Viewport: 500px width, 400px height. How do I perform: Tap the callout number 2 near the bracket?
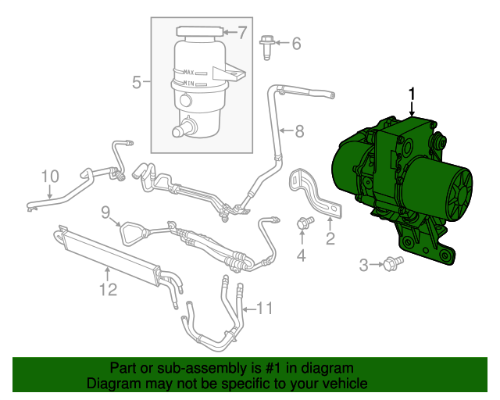330,239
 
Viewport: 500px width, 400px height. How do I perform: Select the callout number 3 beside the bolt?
363,266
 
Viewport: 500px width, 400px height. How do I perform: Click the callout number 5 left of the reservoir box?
136,82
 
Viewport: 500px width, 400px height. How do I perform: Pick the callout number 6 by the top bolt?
296,44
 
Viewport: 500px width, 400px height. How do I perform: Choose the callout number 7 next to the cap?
241,33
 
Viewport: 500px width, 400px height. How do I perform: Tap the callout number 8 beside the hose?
298,130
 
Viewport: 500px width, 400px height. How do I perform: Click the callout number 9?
105,211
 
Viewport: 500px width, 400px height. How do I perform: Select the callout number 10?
49,177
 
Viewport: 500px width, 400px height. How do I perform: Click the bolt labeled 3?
388,266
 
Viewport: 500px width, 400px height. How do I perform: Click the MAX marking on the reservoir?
188,72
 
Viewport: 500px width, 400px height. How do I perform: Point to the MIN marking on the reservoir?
187,82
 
